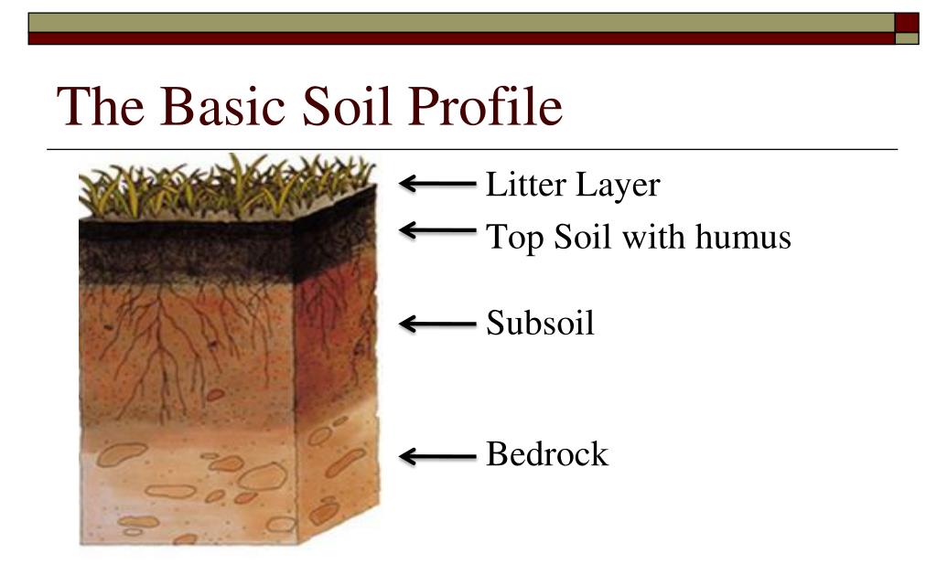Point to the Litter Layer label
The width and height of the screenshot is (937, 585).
[x=572, y=185]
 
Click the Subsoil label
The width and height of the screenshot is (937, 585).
[x=540, y=323]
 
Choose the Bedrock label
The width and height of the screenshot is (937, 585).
[x=546, y=453]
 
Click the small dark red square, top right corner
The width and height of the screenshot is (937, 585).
[x=907, y=22]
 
